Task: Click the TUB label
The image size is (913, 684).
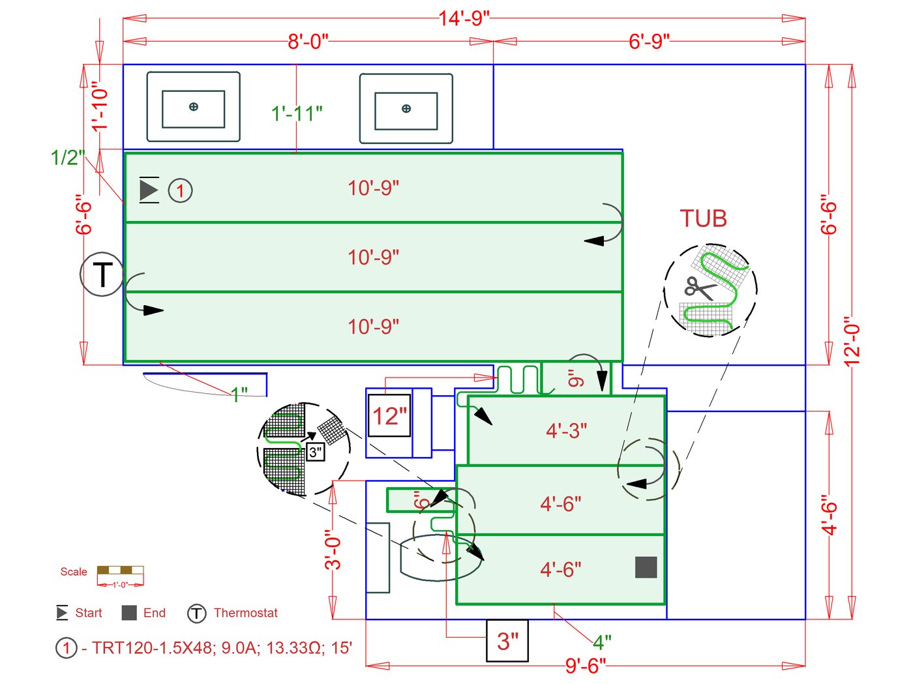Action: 703,218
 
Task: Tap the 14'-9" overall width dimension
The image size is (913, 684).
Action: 464,18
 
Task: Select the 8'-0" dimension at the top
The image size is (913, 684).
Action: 308,42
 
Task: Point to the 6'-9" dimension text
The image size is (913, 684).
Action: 649,42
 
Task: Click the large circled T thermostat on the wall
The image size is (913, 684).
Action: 102,275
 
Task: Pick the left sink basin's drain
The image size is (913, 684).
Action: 194,107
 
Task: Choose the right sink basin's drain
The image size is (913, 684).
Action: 406,108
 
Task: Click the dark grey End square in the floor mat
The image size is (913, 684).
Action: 646,567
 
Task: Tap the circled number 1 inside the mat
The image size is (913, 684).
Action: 181,191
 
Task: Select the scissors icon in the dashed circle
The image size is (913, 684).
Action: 699,288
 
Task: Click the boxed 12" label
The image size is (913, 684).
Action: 389,416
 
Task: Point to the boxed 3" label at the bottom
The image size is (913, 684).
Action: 507,640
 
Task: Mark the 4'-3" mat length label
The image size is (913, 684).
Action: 566,430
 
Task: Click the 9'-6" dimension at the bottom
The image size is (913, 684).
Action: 585,666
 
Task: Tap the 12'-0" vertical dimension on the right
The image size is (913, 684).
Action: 852,341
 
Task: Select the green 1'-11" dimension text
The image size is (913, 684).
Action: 297,113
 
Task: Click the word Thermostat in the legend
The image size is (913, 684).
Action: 246,613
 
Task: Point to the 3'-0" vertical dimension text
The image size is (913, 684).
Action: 333,549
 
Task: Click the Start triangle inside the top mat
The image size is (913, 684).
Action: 149,190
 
